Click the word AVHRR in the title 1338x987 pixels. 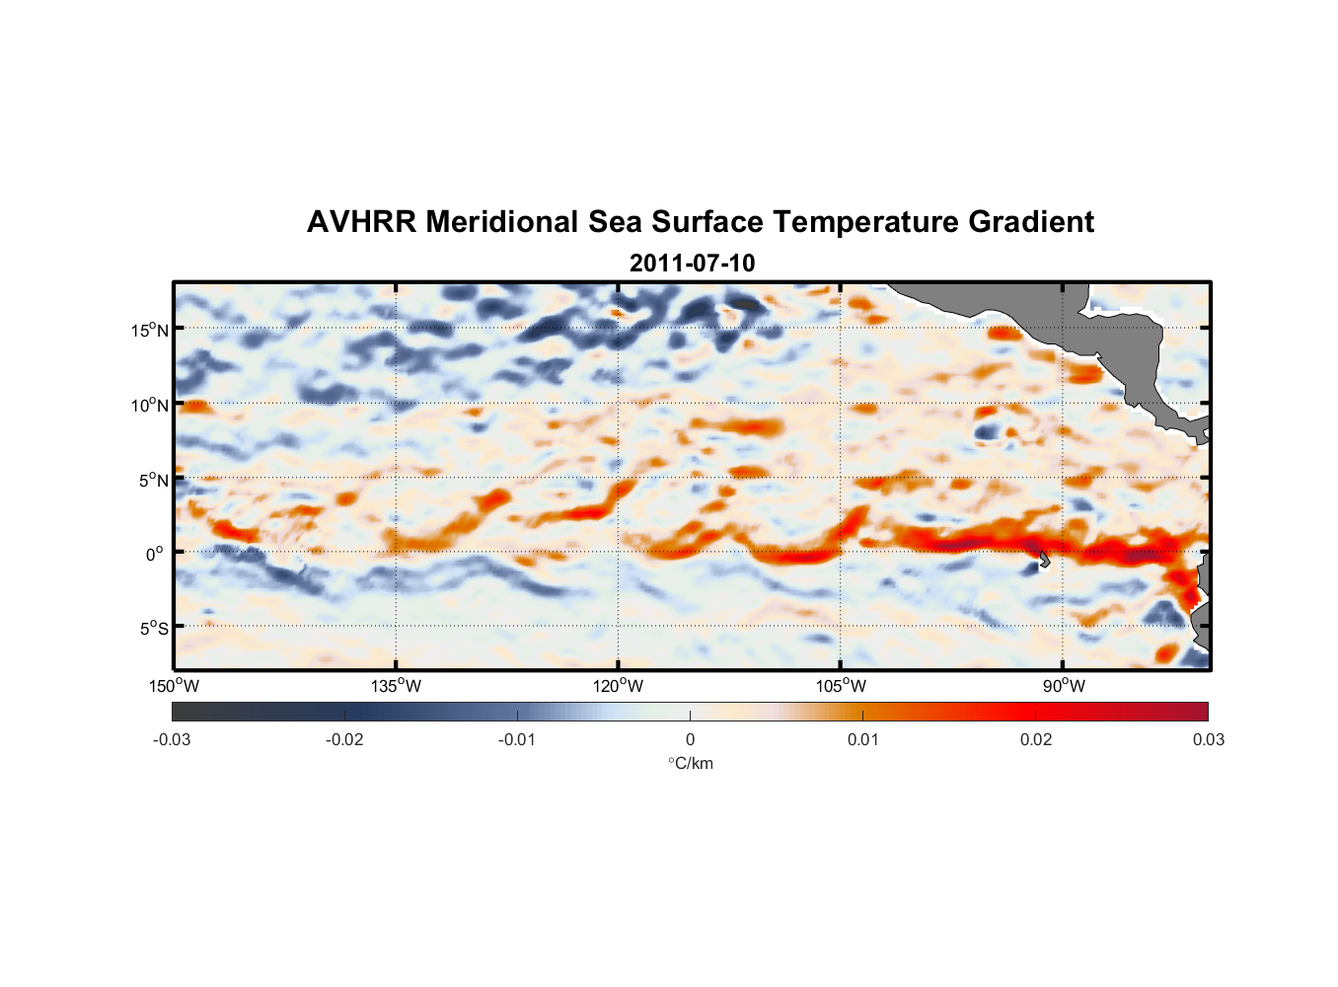(x=361, y=222)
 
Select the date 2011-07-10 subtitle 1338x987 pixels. (x=692, y=264)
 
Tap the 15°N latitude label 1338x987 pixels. (x=150, y=330)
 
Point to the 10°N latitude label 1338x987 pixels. (x=150, y=405)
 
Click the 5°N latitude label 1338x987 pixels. (x=153, y=480)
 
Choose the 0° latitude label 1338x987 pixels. (x=155, y=554)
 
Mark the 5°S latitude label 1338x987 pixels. (x=153, y=628)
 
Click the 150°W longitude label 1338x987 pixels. (x=175, y=686)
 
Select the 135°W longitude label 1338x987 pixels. (x=397, y=686)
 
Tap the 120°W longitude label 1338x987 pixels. (x=619, y=686)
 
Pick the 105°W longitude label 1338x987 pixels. (x=841, y=686)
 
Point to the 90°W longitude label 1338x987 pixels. (x=1064, y=686)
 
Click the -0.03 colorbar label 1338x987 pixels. (x=172, y=739)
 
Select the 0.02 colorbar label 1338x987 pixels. (x=1036, y=739)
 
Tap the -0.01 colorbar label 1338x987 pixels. (x=517, y=739)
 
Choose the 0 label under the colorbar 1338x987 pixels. (x=690, y=739)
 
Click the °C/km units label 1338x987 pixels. (x=690, y=763)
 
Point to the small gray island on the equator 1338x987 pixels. (x=1044, y=559)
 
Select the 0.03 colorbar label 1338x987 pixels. (x=1208, y=739)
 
